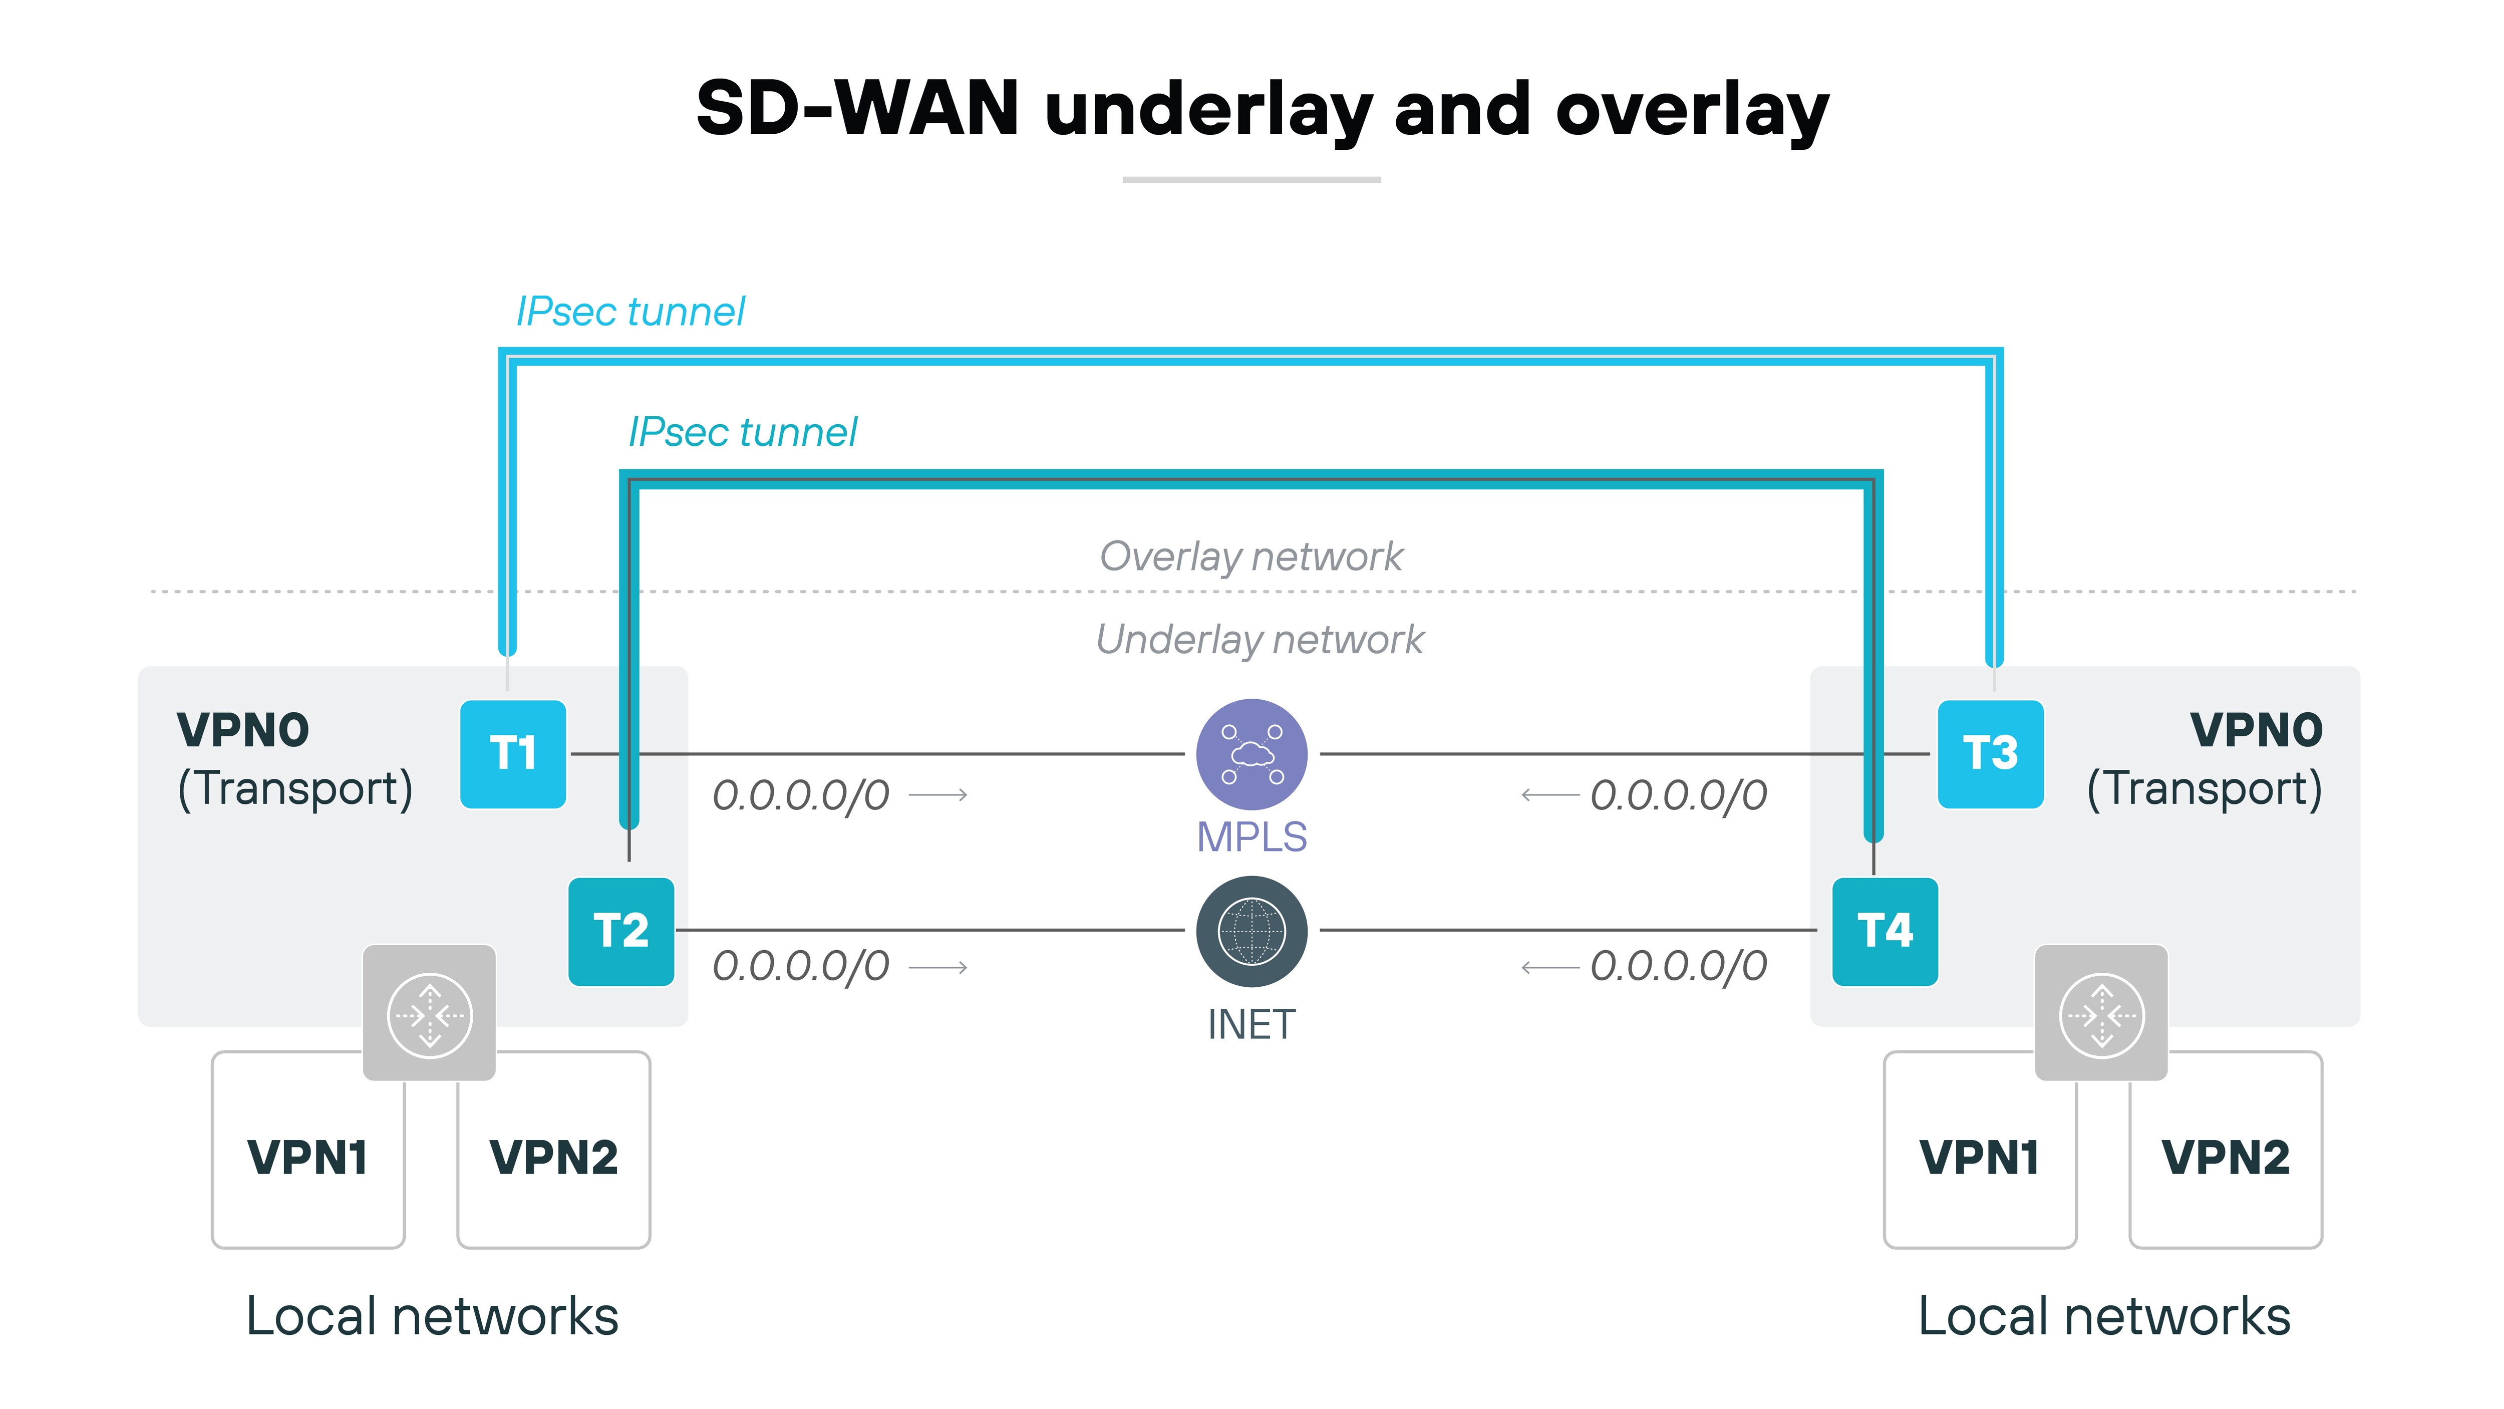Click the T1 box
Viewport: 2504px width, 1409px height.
[512, 754]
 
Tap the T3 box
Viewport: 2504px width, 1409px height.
[1990, 754]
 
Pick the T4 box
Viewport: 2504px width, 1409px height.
[1884, 931]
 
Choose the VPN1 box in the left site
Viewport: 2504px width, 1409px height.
[307, 1157]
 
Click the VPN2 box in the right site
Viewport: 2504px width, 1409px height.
[2225, 1157]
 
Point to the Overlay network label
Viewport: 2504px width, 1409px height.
[1251, 556]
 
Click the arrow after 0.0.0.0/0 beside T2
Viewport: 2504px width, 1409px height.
[938, 968]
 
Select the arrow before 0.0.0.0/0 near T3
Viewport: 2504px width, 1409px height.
[1549, 795]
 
